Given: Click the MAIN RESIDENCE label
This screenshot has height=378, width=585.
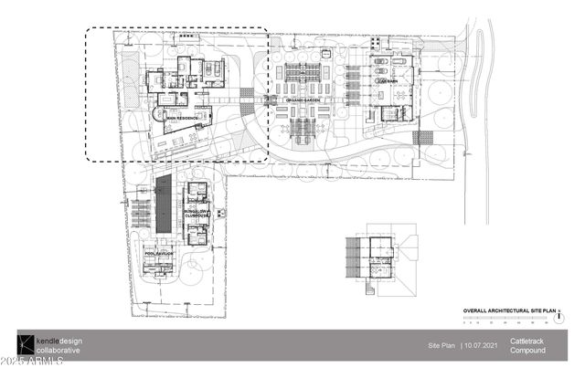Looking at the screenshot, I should [x=183, y=119].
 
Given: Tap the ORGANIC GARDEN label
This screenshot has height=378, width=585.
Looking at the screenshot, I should [x=301, y=98].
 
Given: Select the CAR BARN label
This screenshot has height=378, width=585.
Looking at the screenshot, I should [x=387, y=80].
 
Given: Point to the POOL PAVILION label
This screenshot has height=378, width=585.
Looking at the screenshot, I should [x=158, y=253].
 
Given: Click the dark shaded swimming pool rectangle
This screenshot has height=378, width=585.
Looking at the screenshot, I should [x=165, y=205].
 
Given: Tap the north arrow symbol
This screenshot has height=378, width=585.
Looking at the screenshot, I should [x=559, y=317].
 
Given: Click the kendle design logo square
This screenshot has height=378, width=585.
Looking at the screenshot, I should [x=26, y=344].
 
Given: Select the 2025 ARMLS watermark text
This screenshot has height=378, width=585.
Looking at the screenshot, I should [x=32, y=368].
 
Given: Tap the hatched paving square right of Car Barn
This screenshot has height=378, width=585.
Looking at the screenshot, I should [x=422, y=138].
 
